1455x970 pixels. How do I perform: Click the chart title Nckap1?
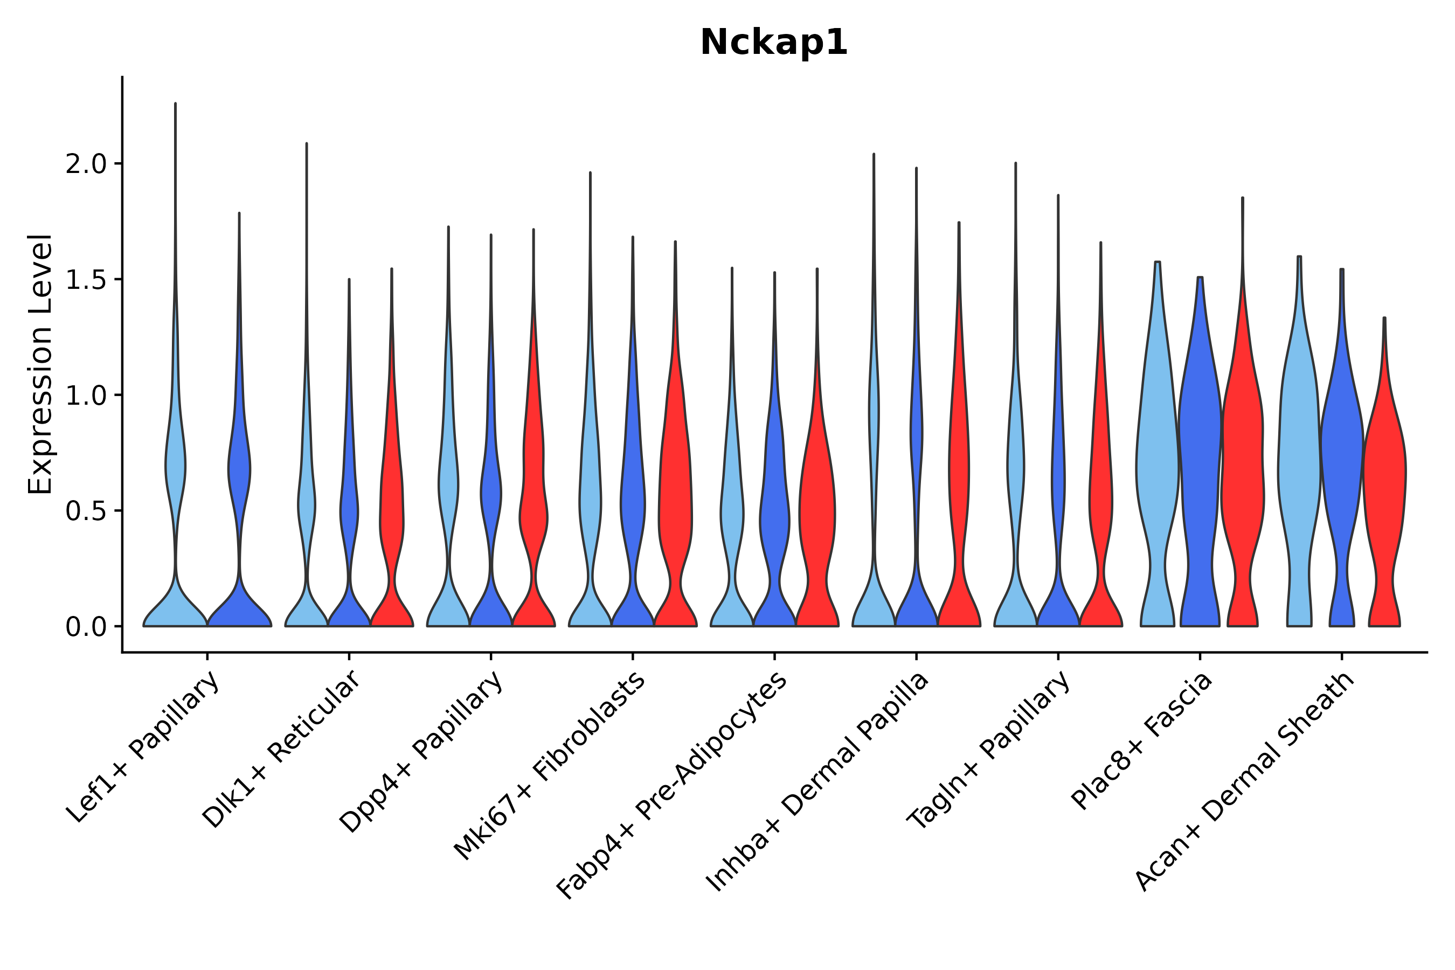773,43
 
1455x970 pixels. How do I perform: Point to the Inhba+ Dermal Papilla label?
817,782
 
